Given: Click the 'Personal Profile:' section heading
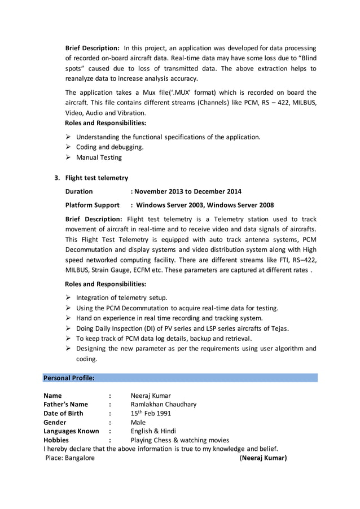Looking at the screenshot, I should [69, 378].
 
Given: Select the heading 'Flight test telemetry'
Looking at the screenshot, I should [96, 178].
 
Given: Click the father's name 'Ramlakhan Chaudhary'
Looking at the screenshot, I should [164, 404].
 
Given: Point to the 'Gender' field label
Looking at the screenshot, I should [55, 422].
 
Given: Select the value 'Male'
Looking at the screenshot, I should [138, 422].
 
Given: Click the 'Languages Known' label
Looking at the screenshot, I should [71, 431].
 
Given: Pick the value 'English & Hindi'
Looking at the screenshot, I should [153, 431].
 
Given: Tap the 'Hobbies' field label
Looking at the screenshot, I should [56, 440].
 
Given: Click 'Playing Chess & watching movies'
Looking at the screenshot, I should [179, 440].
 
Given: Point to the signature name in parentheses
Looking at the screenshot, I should [264, 458].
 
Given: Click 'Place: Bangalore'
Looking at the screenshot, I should [70, 458].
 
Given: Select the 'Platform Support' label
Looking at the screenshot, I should [92, 205].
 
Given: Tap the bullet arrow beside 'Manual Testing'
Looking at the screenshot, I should [68, 157].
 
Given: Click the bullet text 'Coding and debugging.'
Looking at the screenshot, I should [109, 147].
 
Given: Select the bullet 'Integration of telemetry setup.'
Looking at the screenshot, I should [121, 297].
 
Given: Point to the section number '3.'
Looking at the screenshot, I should [57, 178].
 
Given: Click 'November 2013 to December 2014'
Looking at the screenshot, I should [187, 191].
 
